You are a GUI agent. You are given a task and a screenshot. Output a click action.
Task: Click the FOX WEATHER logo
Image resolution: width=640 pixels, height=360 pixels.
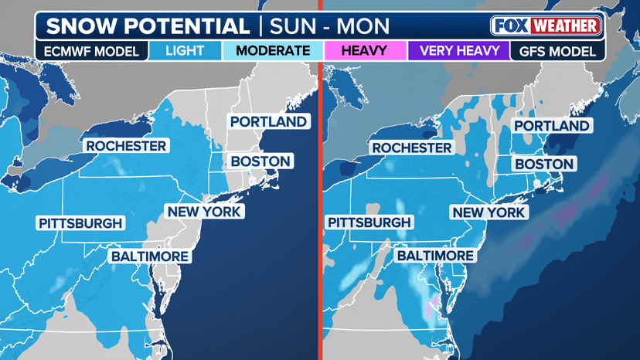pyautogui.click(x=546, y=25)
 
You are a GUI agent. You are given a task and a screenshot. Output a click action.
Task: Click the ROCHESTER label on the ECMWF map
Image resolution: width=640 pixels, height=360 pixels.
pyautogui.click(x=126, y=146)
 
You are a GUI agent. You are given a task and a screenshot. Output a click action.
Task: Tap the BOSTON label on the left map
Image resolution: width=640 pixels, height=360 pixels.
pyautogui.click(x=260, y=161)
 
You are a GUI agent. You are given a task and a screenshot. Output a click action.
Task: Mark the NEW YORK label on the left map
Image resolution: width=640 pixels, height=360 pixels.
pyautogui.click(x=204, y=211)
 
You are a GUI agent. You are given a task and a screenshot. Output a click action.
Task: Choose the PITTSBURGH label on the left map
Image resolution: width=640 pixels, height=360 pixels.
pyautogui.click(x=80, y=223)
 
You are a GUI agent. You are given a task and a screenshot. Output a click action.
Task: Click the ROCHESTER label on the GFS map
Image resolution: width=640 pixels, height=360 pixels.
pyautogui.click(x=411, y=148)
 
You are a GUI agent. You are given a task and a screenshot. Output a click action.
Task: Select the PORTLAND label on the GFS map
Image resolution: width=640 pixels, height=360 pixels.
pyautogui.click(x=552, y=126)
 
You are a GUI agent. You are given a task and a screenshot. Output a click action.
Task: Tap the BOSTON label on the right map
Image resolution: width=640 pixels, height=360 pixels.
pyautogui.click(x=544, y=164)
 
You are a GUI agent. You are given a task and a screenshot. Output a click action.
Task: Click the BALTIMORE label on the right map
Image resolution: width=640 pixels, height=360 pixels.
pyautogui.click(x=435, y=256)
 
